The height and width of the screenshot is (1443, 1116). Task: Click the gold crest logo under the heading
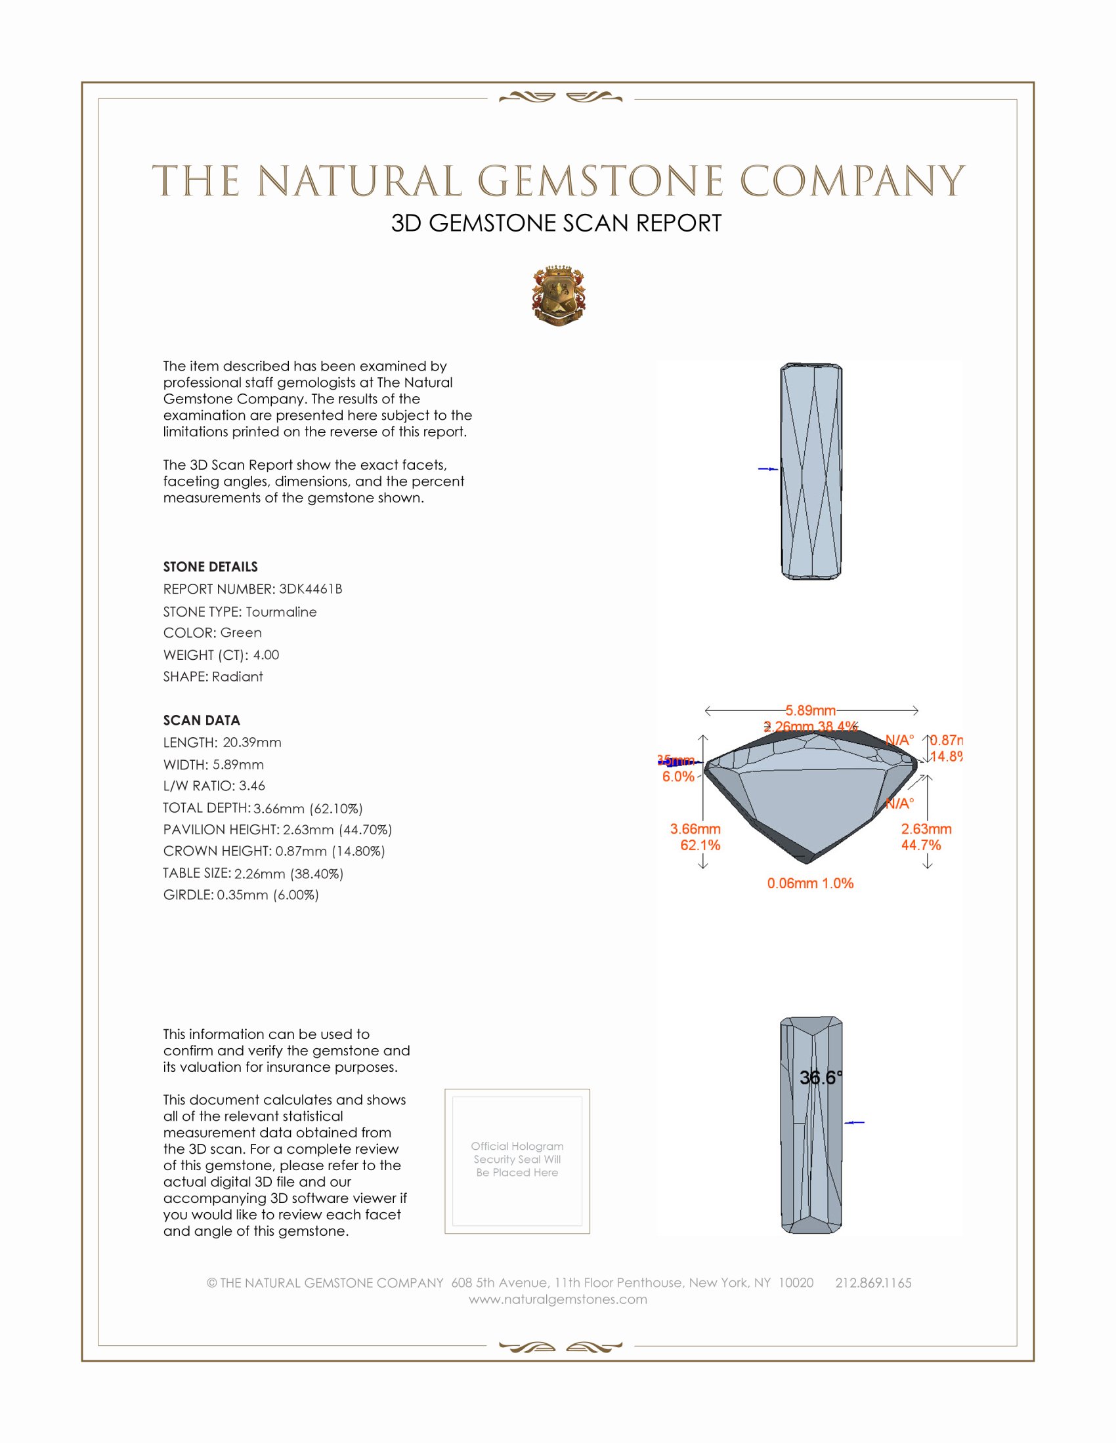click(x=558, y=296)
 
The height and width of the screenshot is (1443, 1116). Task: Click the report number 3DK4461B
click(x=310, y=589)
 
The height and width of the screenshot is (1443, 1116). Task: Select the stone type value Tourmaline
click(x=281, y=612)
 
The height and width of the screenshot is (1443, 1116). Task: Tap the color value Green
click(x=241, y=632)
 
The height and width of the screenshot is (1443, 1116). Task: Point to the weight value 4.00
click(x=266, y=655)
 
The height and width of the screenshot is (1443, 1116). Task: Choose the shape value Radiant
click(x=238, y=677)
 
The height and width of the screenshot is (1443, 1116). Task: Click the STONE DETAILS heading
click(x=210, y=567)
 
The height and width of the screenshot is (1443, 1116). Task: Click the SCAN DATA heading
click(x=202, y=720)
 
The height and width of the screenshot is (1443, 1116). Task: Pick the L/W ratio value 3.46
click(x=252, y=786)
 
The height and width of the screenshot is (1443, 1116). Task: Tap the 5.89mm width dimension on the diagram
click(x=811, y=710)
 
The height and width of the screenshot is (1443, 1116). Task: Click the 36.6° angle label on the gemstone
click(x=821, y=1078)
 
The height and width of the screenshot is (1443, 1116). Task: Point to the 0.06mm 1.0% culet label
click(x=810, y=884)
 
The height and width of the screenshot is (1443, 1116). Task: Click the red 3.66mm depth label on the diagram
click(x=695, y=828)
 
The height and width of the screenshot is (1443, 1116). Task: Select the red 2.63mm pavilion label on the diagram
click(x=926, y=828)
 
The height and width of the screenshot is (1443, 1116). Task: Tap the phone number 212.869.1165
click(x=872, y=1283)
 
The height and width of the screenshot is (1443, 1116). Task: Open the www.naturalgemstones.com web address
click(x=558, y=1299)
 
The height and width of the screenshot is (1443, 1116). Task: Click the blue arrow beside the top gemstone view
click(x=767, y=469)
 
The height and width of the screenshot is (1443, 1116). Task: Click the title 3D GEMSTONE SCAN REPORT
click(x=556, y=223)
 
